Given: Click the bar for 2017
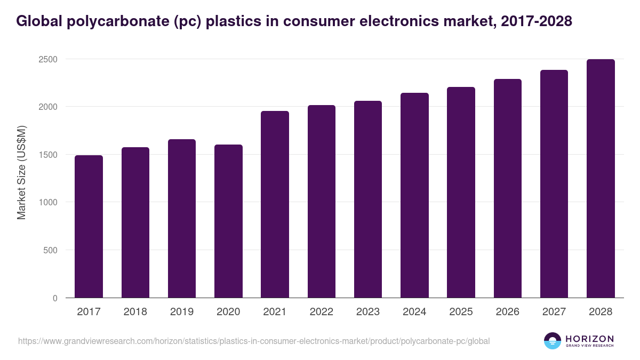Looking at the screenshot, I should (89, 226).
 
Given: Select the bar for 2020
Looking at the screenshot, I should (228, 221).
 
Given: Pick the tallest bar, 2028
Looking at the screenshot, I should (601, 178).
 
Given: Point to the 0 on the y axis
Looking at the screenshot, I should (55, 298).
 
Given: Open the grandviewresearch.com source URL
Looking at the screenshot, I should (253, 341).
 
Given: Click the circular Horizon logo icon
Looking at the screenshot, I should (552, 341).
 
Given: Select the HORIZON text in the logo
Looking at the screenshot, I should (589, 338).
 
